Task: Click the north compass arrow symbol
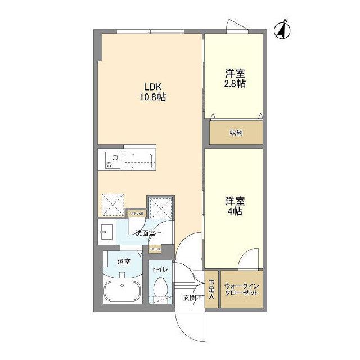tap(283, 30)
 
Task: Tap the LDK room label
tap(152, 87)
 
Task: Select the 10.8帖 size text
tap(152, 97)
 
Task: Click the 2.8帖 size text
tap(236, 83)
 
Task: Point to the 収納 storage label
tap(236, 133)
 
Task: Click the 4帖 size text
tap(235, 212)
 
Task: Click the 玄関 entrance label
tap(190, 298)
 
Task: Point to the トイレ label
tap(160, 269)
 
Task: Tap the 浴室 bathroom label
tap(124, 262)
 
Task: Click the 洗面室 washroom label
tap(145, 233)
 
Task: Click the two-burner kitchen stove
tap(109, 161)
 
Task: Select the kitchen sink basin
tap(141, 161)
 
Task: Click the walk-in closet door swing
tap(245, 260)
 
